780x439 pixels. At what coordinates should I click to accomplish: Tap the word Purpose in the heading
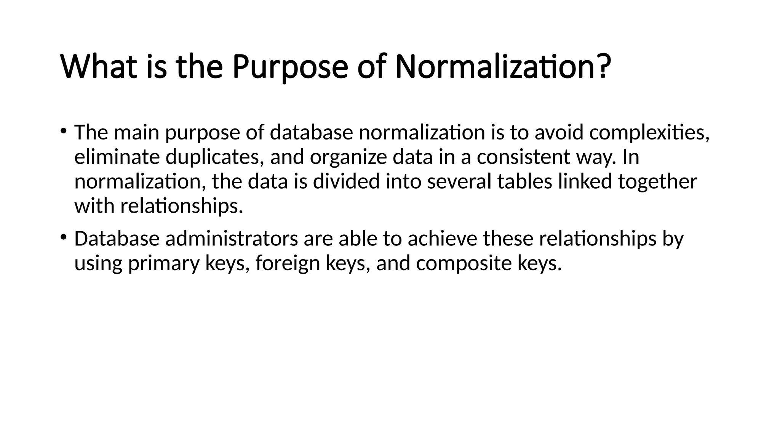(290, 67)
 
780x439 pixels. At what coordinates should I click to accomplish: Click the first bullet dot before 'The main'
(63, 131)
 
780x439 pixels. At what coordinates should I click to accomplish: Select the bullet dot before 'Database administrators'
(63, 237)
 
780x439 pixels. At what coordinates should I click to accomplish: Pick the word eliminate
(117, 157)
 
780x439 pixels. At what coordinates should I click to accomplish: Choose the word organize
(348, 158)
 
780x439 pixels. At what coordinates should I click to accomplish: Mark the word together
(657, 182)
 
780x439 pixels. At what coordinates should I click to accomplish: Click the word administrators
(232, 239)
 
